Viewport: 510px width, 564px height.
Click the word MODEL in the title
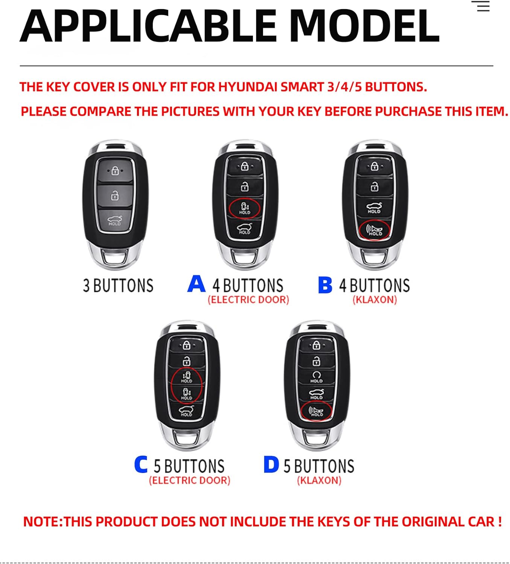(364, 26)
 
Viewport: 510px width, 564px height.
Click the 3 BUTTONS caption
(118, 286)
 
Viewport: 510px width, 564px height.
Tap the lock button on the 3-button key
(115, 171)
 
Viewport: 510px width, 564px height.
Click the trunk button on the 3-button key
(114, 221)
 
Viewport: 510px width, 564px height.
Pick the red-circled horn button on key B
(374, 230)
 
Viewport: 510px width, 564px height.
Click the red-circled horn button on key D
(316, 411)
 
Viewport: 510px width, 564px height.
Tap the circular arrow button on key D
(316, 376)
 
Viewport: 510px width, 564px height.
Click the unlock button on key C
(186, 361)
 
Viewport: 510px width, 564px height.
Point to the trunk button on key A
(245, 229)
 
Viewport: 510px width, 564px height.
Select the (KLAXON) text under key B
(375, 300)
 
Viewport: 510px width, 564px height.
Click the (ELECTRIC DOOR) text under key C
(189, 480)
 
